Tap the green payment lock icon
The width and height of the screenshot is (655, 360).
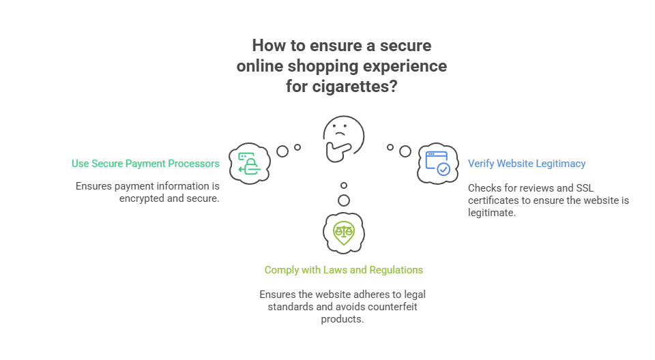click(x=249, y=164)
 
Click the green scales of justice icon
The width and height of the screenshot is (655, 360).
click(x=344, y=232)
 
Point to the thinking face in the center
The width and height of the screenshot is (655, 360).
click(x=343, y=138)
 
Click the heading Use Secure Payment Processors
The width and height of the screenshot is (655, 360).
click(x=145, y=164)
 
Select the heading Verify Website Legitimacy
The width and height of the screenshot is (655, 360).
click(x=527, y=164)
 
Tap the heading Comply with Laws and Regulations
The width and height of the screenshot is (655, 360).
click(x=343, y=270)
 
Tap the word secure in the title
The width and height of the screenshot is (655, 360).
click(x=406, y=46)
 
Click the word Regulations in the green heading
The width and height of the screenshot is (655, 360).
click(x=396, y=270)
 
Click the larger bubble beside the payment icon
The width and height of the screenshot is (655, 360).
click(x=282, y=151)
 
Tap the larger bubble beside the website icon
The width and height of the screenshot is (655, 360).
click(x=405, y=151)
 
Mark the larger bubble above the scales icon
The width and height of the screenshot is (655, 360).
click(x=344, y=200)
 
